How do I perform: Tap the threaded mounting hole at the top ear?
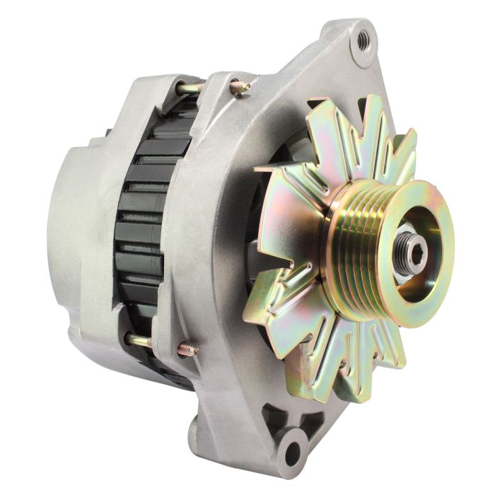pyautogui.click(x=363, y=41)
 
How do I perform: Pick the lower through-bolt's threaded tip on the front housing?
pyautogui.click(x=187, y=349)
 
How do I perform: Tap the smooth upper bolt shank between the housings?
pyautogui.click(x=190, y=88)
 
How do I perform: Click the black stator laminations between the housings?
pyautogui.click(x=145, y=233)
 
